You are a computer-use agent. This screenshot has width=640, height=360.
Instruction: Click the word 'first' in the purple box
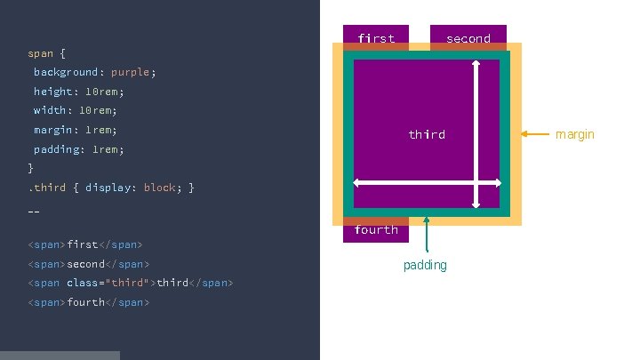coord(376,38)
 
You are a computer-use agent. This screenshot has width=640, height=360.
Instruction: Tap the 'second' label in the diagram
coord(468,38)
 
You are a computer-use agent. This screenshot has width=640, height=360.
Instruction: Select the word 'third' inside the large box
coord(427,134)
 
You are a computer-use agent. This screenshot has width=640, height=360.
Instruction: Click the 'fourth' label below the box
coord(376,229)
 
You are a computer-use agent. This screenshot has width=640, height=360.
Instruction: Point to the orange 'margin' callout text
coord(574,134)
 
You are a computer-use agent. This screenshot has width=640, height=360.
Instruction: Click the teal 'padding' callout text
coord(425,265)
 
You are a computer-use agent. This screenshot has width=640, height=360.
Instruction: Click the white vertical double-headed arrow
coord(476,124)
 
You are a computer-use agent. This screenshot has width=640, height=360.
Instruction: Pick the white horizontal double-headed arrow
coord(427,183)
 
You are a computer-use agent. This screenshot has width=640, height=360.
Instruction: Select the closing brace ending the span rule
coord(31,167)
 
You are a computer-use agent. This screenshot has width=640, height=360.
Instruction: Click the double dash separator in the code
coord(34,212)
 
